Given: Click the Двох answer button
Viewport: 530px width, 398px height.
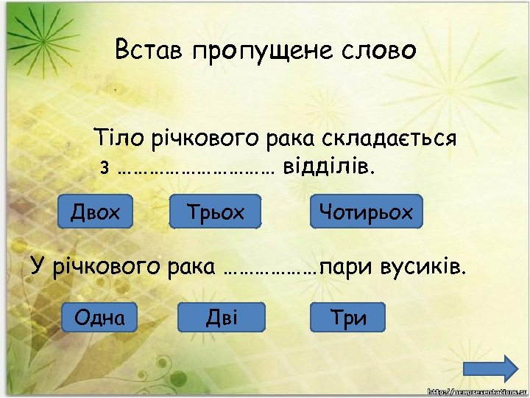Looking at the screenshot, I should point(96,212).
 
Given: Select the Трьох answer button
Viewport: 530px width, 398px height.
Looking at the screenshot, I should point(216,212).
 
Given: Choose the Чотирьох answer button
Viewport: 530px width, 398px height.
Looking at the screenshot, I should point(367,212).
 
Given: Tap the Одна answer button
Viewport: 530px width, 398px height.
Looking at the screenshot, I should point(99,317).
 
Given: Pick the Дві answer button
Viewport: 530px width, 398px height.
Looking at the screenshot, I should point(221,317).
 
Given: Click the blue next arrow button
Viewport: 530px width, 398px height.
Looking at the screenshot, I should point(504,369).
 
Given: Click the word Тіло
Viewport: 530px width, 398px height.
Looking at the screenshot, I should point(115,138).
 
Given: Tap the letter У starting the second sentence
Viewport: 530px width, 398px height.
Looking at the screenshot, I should point(38,265).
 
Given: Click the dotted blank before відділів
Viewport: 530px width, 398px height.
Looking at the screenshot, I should point(195,169).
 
